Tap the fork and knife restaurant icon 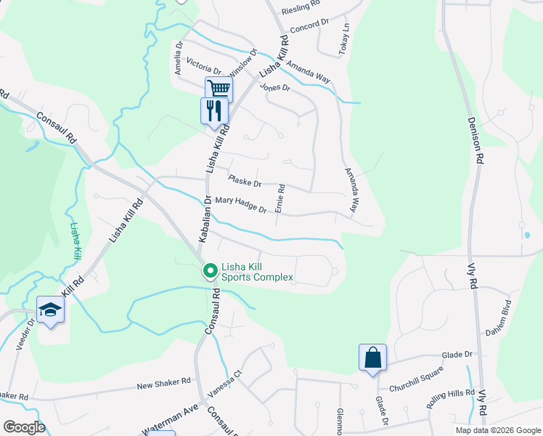point(214,110)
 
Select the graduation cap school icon point(50,310)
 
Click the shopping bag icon point(372,358)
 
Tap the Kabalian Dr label point(205,218)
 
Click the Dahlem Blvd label point(500,317)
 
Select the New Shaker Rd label point(163,382)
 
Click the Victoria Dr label point(203,66)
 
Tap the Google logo point(23,427)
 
